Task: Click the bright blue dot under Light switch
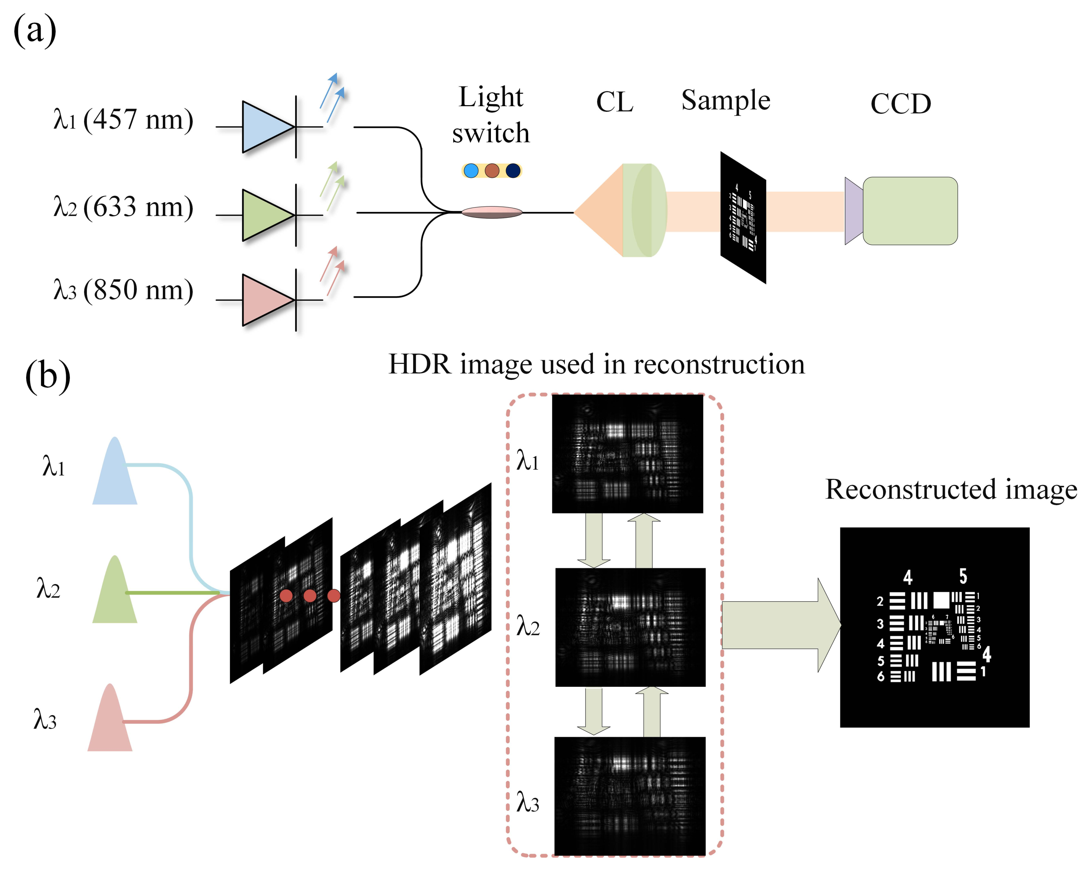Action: [x=471, y=171]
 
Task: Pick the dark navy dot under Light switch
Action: [x=513, y=171]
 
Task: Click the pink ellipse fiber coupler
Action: [x=492, y=212]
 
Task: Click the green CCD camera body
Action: [x=910, y=211]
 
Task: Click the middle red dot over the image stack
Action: [x=310, y=596]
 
